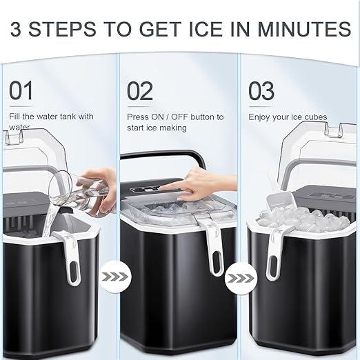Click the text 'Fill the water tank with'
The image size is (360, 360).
pos(52,117)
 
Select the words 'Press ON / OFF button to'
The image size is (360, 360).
pos(175,117)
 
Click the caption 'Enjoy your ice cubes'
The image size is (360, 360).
pos(288,117)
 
